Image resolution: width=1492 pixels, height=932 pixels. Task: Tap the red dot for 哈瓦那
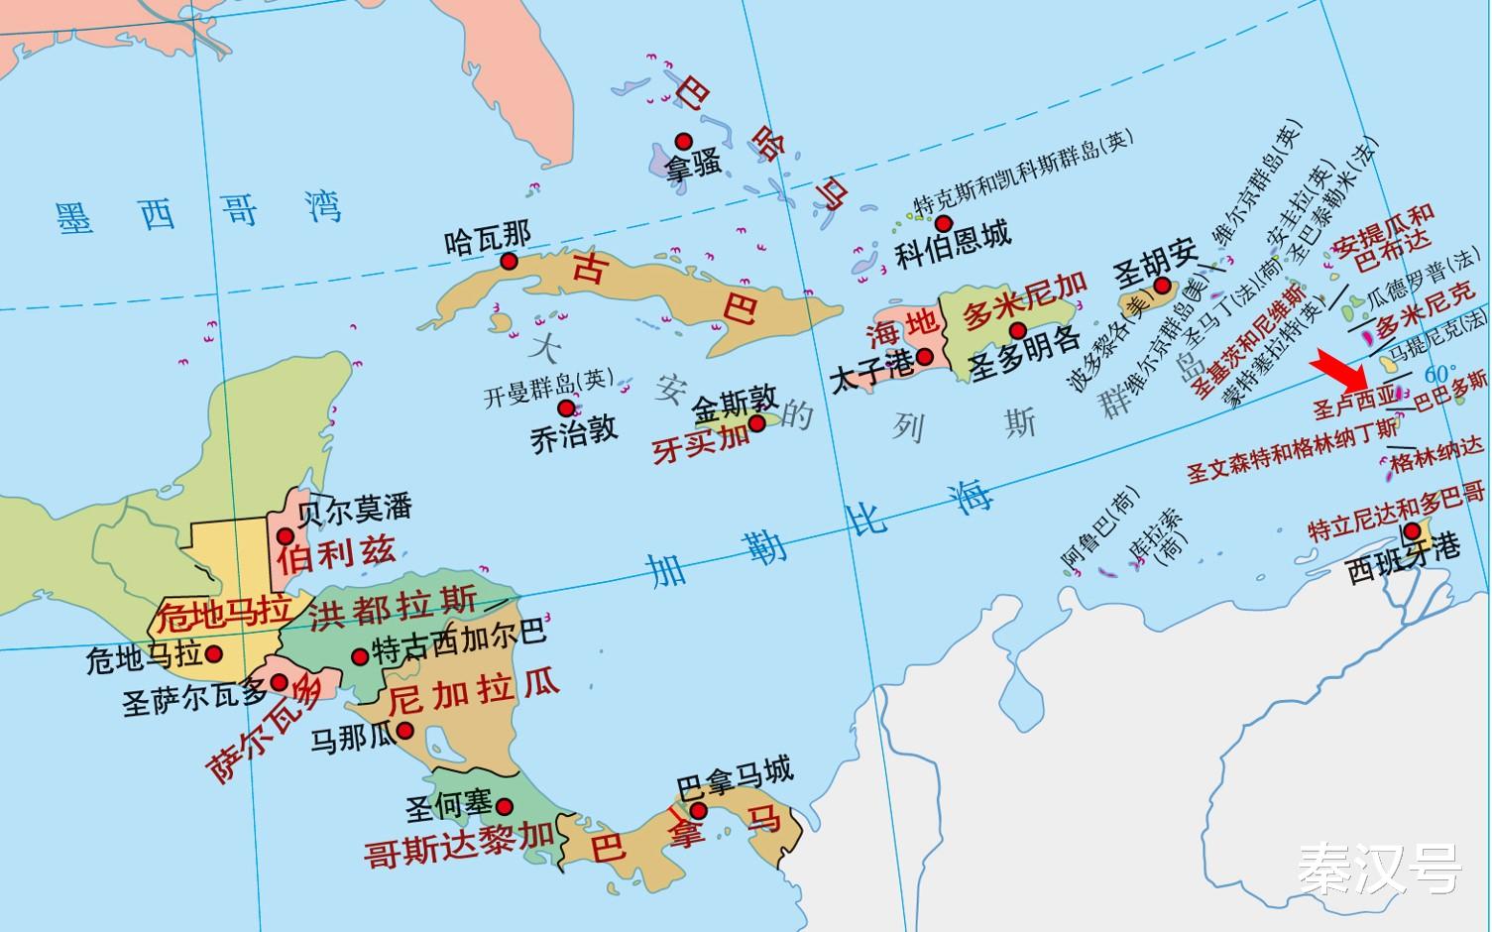[x=510, y=261]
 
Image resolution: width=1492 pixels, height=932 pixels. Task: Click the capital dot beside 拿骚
[x=683, y=141]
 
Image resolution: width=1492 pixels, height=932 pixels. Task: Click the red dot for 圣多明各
[x=1017, y=329]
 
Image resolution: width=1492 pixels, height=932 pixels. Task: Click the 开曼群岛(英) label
[x=548, y=389]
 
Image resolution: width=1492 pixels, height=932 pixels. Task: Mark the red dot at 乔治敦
[x=565, y=408]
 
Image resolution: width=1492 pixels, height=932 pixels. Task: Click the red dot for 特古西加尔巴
[x=361, y=655]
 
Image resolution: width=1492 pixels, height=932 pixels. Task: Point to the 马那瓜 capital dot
[x=404, y=732]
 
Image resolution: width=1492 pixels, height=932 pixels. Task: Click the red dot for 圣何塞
[x=504, y=806]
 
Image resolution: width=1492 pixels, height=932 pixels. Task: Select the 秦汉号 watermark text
[x=1380, y=869]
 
